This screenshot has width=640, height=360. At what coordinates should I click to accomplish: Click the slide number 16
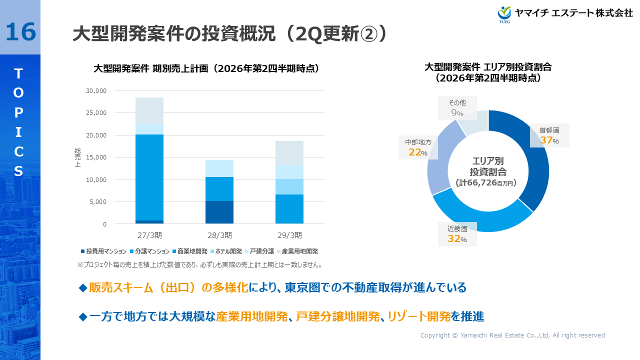pyautogui.click(x=20, y=31)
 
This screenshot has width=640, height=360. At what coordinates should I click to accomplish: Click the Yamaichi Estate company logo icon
pyautogui.click(x=504, y=13)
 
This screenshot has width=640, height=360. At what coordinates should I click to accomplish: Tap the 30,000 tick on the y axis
pyautogui.click(x=97, y=91)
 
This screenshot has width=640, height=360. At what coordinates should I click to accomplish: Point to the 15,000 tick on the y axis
pyautogui.click(x=97, y=157)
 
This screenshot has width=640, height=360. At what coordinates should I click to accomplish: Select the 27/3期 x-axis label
pyautogui.click(x=149, y=235)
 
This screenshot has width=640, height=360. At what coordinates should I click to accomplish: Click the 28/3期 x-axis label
pyautogui.click(x=219, y=235)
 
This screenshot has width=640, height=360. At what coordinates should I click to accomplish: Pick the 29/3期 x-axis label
pyautogui.click(x=289, y=235)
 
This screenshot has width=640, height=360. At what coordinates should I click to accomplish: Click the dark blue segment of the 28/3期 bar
pyautogui.click(x=219, y=212)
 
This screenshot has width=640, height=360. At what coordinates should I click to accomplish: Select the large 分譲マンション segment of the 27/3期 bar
pyautogui.click(x=149, y=177)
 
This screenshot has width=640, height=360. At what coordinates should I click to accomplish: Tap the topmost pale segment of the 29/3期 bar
pyautogui.click(x=289, y=153)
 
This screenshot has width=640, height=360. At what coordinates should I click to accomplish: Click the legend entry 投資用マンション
pyautogui.click(x=103, y=251)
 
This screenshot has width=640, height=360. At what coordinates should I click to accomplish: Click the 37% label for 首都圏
pyautogui.click(x=548, y=140)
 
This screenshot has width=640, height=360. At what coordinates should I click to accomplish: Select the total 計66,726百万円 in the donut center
pyautogui.click(x=488, y=183)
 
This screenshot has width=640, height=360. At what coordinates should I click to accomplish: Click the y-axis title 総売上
pyautogui.click(x=77, y=157)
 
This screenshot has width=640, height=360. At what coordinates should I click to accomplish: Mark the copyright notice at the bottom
pyautogui.click(x=512, y=335)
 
